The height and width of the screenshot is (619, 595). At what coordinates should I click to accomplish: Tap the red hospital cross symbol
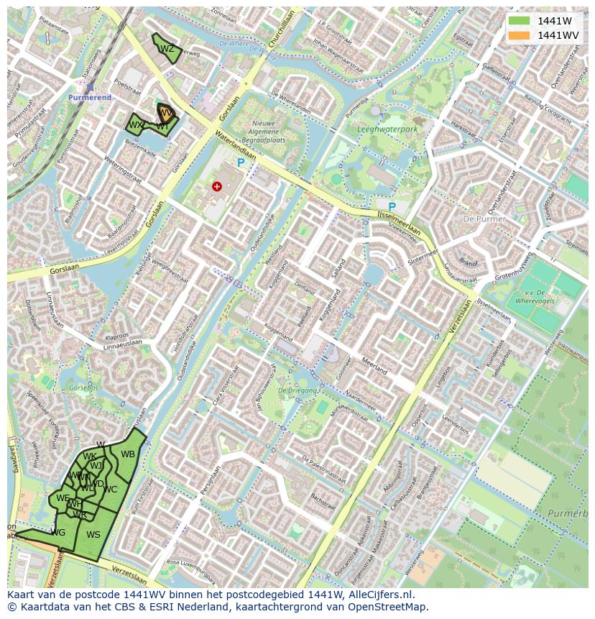[217, 186]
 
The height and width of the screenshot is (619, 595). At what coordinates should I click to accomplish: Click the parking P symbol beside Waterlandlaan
[241, 163]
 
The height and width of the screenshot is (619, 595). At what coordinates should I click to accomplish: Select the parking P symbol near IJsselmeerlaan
[392, 207]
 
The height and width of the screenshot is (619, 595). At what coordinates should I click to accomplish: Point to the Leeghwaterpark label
[387, 130]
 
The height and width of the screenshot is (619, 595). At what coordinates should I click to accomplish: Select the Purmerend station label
[90, 97]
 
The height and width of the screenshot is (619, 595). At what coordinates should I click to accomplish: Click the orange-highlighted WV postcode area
[167, 113]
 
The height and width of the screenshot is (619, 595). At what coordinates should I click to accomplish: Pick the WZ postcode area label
[167, 49]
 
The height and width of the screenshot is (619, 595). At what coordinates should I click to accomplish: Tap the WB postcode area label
[128, 454]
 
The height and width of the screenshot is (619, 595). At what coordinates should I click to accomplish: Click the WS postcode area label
[93, 534]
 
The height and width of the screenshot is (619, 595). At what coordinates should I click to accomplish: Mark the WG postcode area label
[58, 533]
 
